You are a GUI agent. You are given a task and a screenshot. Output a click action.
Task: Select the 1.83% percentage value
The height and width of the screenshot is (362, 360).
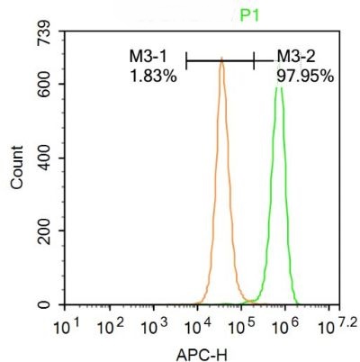[152, 76]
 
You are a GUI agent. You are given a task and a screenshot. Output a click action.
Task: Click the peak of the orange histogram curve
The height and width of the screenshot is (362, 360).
[220, 63]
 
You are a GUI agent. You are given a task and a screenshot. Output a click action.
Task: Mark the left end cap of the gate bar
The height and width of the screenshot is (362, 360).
[186, 60]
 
